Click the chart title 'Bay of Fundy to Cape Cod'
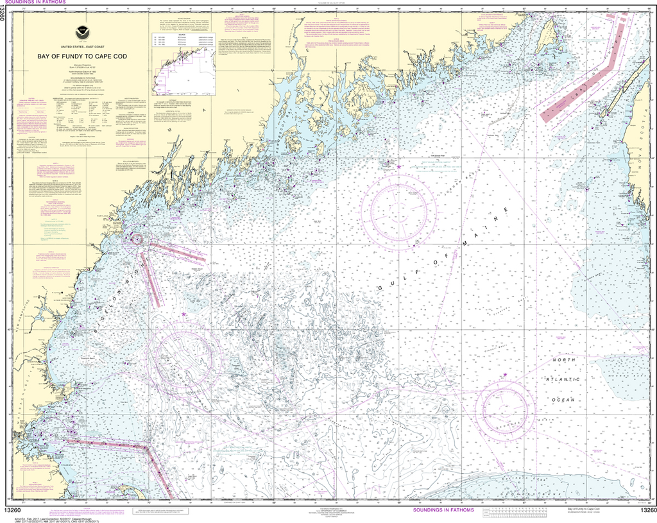[76, 56]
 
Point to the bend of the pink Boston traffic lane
[149, 447]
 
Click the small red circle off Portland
[137, 239]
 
